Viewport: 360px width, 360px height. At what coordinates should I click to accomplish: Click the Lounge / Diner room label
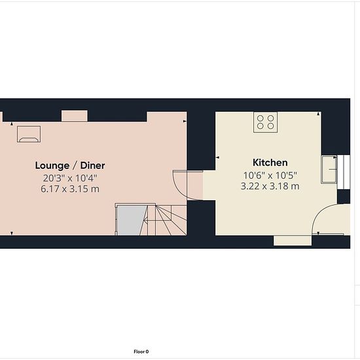[70, 166]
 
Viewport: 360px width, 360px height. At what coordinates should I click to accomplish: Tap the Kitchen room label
[270, 162]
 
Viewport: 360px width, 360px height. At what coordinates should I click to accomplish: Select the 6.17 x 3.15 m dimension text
[70, 189]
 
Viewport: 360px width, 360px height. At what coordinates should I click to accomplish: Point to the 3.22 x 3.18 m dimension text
[270, 186]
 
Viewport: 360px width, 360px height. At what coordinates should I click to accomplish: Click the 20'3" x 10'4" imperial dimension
[70, 178]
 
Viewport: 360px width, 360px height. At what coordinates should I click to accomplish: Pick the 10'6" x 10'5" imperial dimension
[270, 175]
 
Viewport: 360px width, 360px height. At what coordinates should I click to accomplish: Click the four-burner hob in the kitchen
[265, 122]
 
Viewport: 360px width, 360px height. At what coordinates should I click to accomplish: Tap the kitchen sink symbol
[329, 170]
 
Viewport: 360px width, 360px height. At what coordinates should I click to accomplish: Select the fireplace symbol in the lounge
[29, 134]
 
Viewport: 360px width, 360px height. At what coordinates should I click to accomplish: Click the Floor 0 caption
[141, 351]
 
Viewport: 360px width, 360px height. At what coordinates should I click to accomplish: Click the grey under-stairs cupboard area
[131, 221]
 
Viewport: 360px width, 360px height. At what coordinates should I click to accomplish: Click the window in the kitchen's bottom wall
[293, 240]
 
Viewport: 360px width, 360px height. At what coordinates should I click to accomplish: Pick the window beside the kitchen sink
[344, 172]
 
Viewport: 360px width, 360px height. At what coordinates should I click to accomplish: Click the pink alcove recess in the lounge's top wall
[75, 116]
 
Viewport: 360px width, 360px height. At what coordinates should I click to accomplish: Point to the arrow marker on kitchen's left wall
[217, 158]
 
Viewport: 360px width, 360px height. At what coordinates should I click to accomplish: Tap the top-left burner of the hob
[260, 118]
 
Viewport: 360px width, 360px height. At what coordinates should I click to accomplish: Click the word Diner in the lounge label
[93, 166]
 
